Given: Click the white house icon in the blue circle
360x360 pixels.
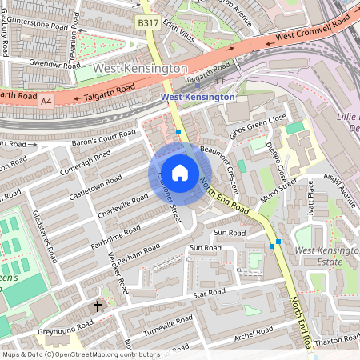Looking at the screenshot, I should click(180, 172).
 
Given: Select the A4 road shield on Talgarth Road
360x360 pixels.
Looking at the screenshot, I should click(46, 101).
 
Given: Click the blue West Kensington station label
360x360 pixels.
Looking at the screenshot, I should click(198, 97).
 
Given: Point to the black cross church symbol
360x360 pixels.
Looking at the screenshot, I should click(98, 306).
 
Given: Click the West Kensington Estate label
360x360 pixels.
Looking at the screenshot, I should click(324, 257).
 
